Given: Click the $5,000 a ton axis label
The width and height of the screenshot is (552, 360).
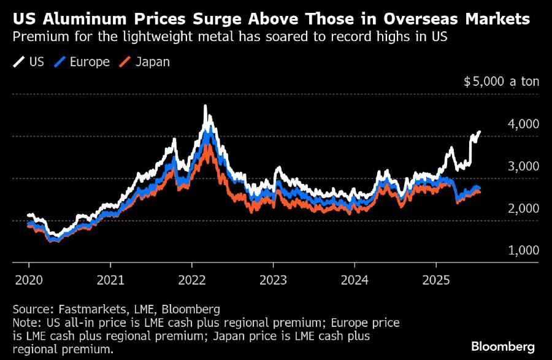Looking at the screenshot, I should (x=500, y=82).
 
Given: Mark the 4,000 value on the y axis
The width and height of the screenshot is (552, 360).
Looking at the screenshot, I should (x=523, y=124).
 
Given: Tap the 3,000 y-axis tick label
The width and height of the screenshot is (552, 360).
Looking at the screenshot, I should (x=523, y=167).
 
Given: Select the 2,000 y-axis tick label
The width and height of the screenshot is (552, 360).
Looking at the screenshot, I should (x=523, y=209).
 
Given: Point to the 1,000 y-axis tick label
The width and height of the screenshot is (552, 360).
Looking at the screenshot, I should (x=523, y=251).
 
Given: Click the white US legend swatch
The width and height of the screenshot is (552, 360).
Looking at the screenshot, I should (x=19, y=62).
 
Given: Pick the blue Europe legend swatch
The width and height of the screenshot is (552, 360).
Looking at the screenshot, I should (x=60, y=62).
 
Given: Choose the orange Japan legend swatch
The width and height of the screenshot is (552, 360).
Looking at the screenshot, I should (x=125, y=62).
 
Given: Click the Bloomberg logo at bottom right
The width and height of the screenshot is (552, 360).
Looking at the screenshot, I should (x=502, y=347).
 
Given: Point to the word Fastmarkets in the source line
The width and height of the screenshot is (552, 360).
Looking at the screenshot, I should (x=82, y=308).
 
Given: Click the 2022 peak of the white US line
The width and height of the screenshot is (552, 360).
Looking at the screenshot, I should (x=205, y=107).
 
